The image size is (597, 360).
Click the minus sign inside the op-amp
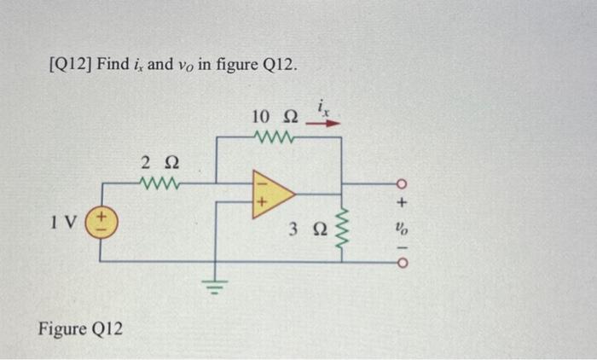[x=263, y=184]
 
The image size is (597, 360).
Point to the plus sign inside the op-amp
[x=263, y=203]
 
